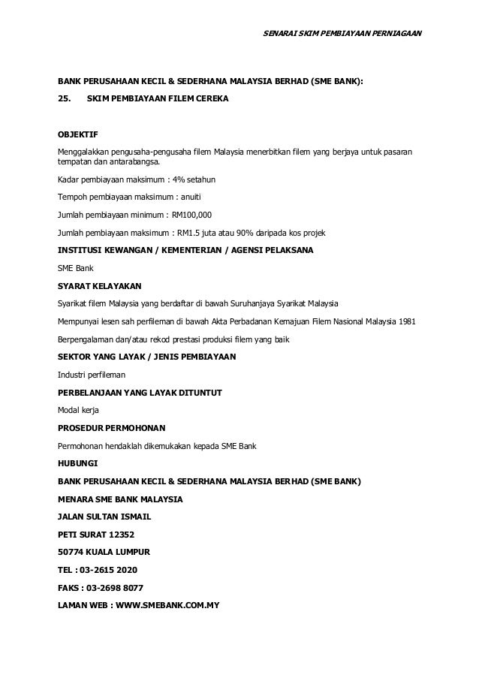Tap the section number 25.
coord(66,99)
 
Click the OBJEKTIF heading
coord(77,136)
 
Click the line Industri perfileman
coord(92,375)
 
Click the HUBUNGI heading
coord(77,463)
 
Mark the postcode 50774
coord(73,552)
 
